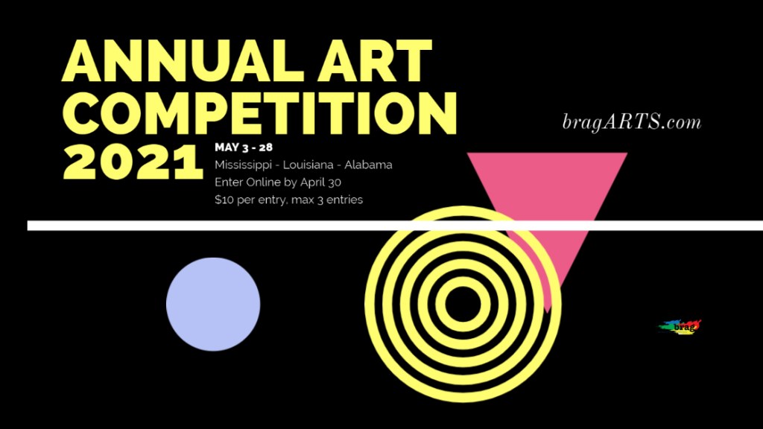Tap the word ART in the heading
[x=376, y=60]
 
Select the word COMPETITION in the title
[x=260, y=114]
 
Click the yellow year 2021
[x=133, y=162]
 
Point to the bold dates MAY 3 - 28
[x=244, y=147]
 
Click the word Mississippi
[x=244, y=165]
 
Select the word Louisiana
[x=308, y=165]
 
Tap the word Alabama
[x=368, y=165]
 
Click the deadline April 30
[x=320, y=183]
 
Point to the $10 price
[x=224, y=200]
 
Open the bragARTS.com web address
[x=632, y=121]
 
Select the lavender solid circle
[x=213, y=305]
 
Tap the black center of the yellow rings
[x=462, y=305]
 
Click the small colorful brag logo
[x=680, y=327]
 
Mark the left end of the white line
[x=28, y=226]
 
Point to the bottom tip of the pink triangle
[x=548, y=313]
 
